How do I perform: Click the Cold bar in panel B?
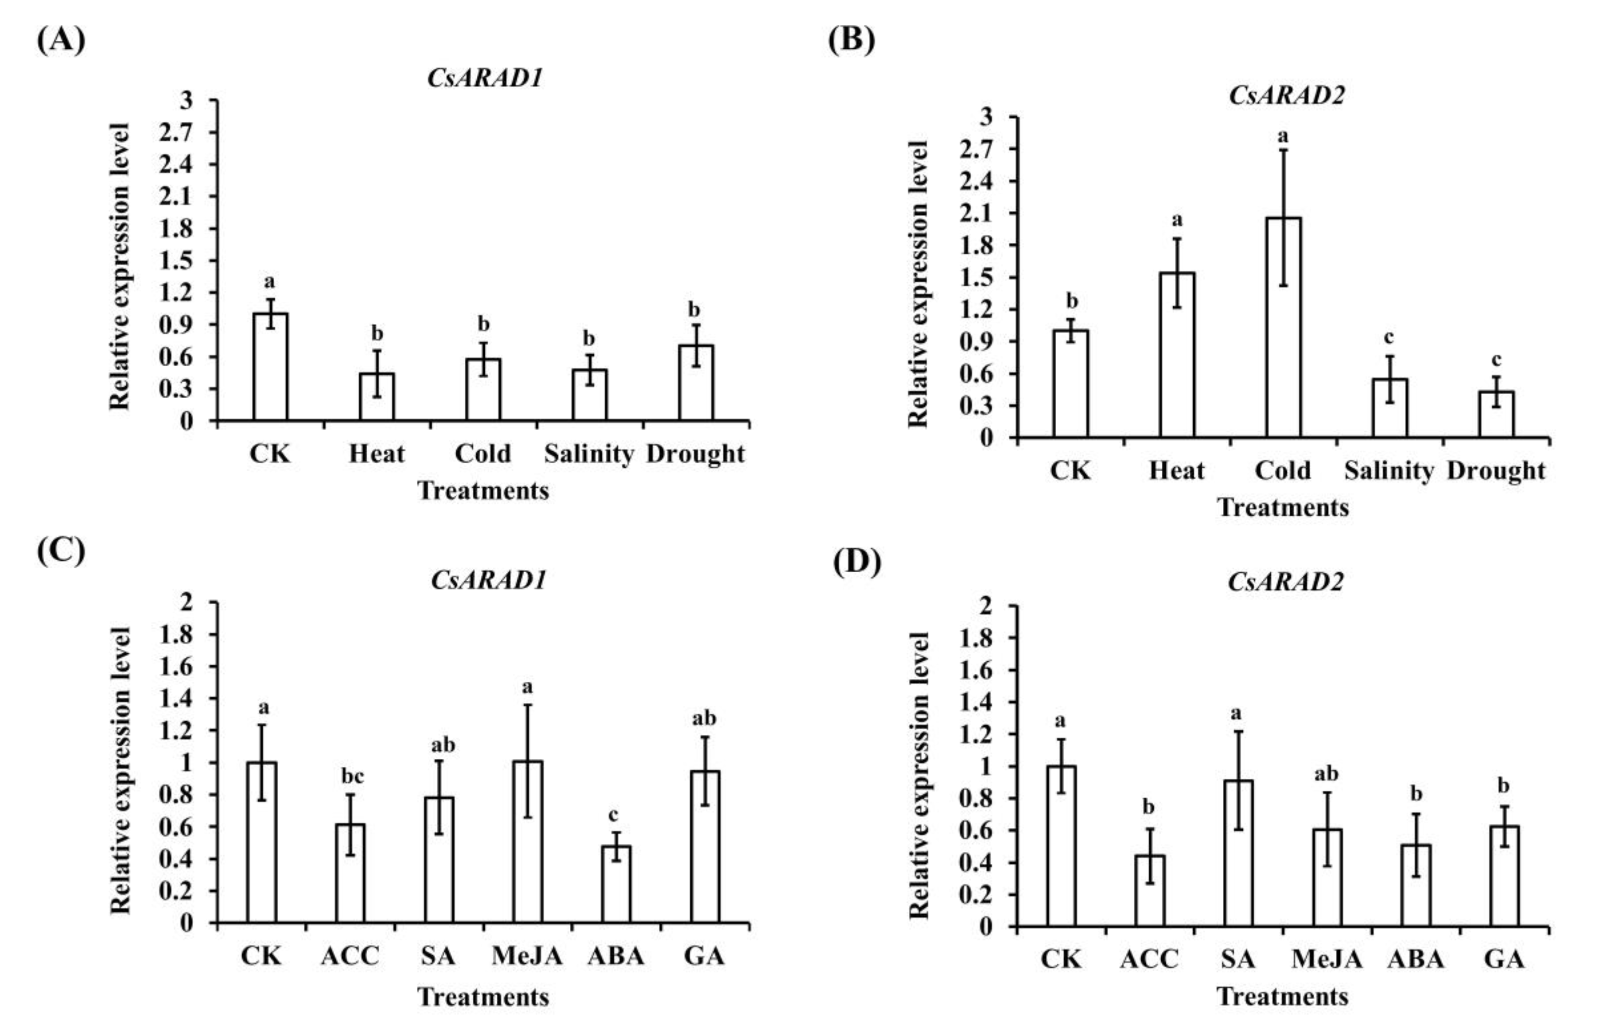tap(1284, 328)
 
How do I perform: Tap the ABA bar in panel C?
tap(616, 884)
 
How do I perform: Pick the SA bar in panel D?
tap(1238, 853)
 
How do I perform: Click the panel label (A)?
tap(61, 40)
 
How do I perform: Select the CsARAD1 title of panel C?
tap(488, 580)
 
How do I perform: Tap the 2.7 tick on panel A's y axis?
tap(175, 132)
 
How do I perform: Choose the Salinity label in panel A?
tap(589, 454)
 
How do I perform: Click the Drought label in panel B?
tap(1496, 471)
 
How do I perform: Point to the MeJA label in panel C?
tap(527, 956)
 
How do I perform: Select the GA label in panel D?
tap(1504, 958)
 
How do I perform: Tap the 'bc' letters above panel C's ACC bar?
tap(352, 777)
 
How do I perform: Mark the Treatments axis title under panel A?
tap(483, 491)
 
